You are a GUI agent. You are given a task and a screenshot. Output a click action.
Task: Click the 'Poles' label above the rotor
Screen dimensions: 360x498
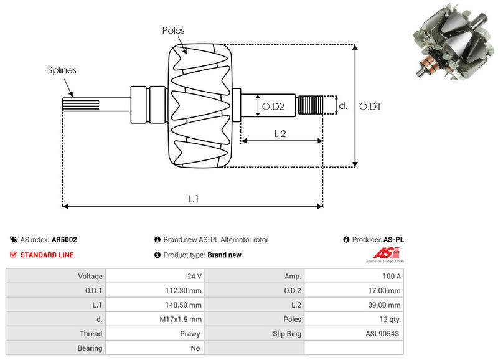[x=174, y=30]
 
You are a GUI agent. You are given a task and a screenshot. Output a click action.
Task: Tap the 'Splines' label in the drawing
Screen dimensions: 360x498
[x=62, y=70]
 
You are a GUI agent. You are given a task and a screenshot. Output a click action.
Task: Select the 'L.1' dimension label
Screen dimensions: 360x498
[x=194, y=198]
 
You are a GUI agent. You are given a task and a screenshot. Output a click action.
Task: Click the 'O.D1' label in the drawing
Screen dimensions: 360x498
[x=370, y=107]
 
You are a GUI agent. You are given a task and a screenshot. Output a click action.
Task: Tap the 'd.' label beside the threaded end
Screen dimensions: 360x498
[x=342, y=106]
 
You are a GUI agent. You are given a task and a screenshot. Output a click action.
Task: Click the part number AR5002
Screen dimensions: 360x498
[x=64, y=239]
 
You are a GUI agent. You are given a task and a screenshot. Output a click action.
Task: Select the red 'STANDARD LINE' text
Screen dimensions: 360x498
[x=47, y=255]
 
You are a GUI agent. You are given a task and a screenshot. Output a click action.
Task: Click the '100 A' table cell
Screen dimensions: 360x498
[x=391, y=276]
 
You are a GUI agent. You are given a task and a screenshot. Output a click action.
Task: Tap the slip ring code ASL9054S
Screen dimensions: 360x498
[x=383, y=334]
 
